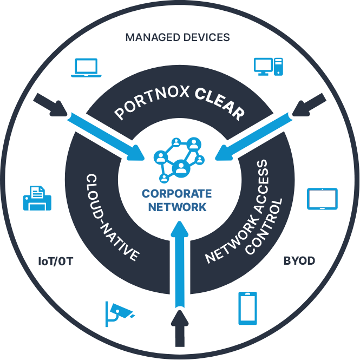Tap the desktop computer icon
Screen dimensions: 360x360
coord(268,67)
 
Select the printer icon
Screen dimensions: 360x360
coord(37,198)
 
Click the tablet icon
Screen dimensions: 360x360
coord(322,199)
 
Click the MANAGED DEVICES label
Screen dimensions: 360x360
coord(178,37)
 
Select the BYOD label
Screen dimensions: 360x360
coord(299,261)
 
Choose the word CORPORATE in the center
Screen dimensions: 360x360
coord(176,194)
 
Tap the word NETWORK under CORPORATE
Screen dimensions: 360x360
coord(176,207)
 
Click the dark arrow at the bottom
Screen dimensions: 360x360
coord(180,328)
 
